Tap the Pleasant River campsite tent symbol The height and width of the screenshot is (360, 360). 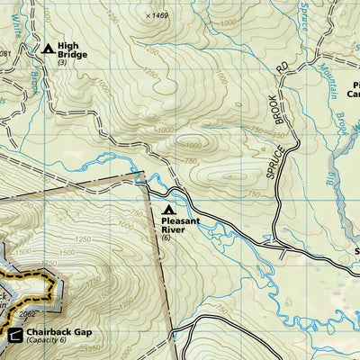pyautogui.click(x=167, y=210)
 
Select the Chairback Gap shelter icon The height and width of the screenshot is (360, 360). pyautogui.click(x=15, y=336)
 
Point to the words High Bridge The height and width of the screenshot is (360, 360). pyautogui.click(x=73, y=49)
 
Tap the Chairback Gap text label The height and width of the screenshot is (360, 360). pyautogui.click(x=59, y=332)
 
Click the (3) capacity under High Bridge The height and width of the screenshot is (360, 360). pyautogui.click(x=62, y=62)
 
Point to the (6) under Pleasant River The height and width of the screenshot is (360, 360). pyautogui.click(x=166, y=238)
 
